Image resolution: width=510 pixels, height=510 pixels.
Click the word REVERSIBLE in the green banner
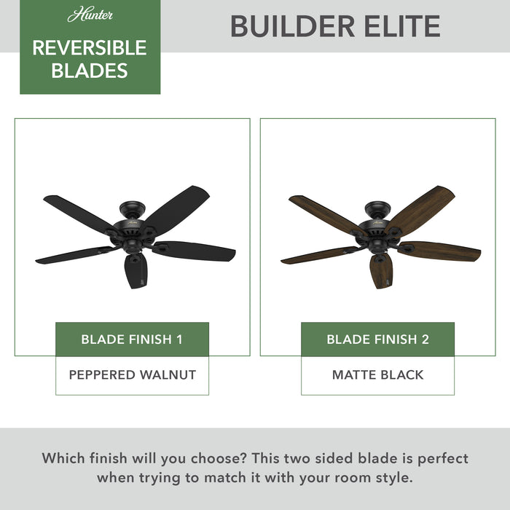click(90, 48)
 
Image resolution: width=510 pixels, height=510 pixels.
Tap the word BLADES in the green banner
click(90, 71)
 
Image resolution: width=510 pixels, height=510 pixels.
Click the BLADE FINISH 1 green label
click(132, 340)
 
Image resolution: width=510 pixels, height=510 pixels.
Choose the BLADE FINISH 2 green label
click(377, 340)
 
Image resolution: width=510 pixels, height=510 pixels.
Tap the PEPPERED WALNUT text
click(132, 375)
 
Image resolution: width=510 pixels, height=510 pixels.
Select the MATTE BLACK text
click(377, 375)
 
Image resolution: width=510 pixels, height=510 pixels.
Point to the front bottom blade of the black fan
click(136, 270)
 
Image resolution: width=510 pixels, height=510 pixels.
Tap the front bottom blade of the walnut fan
click(381, 270)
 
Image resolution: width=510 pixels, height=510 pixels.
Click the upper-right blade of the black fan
click(178, 207)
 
